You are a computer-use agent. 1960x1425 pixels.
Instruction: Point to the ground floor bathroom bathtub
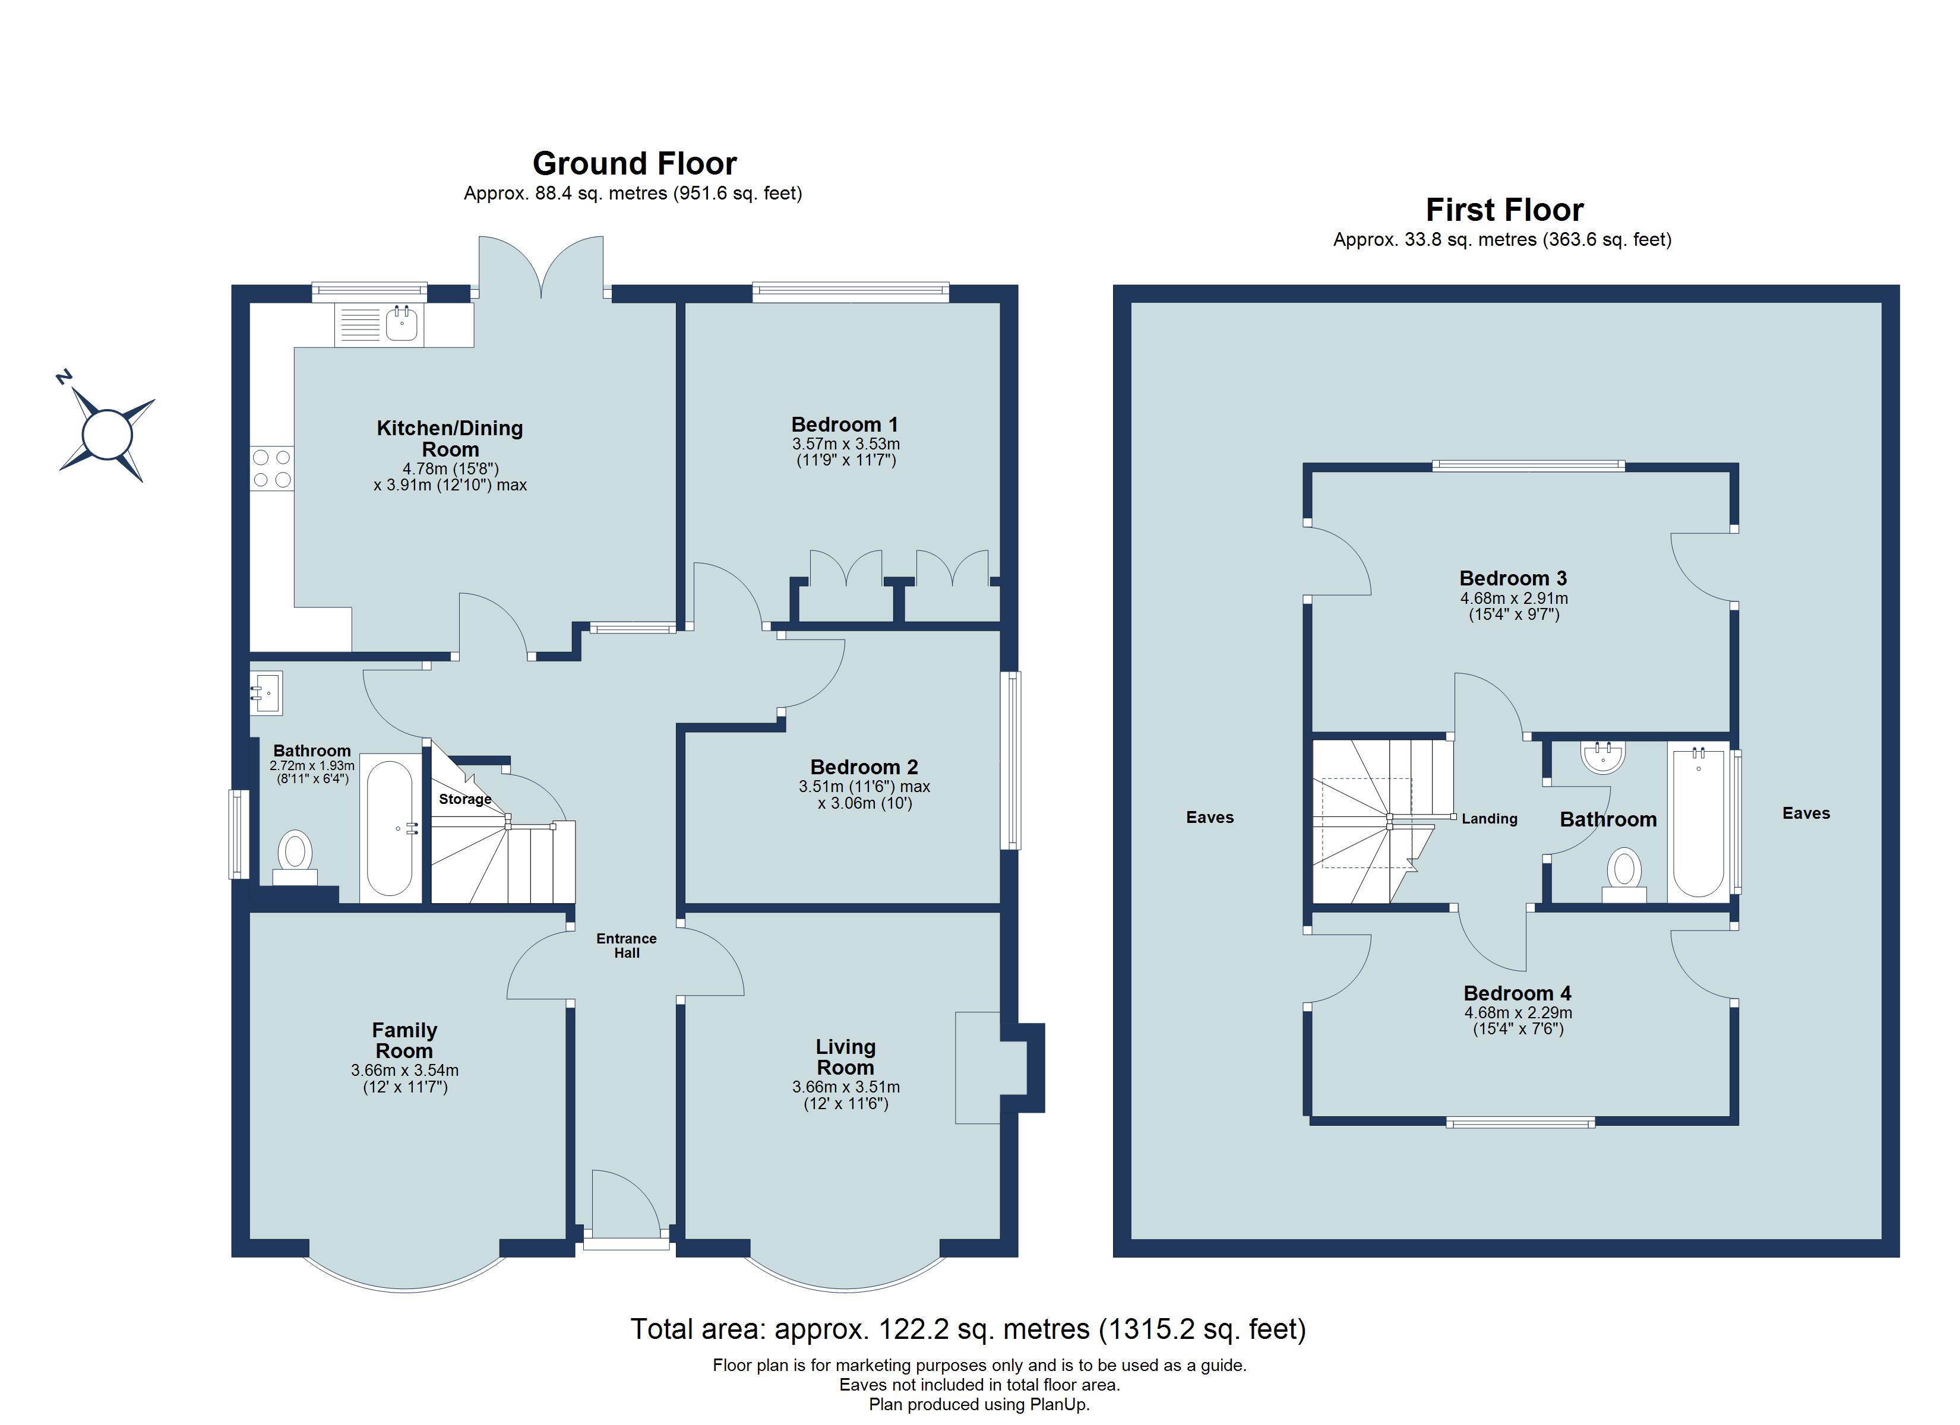click(x=390, y=828)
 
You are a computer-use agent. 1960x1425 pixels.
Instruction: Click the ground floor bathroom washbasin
click(x=266, y=693)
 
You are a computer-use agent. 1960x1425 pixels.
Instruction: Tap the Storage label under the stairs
click(x=465, y=799)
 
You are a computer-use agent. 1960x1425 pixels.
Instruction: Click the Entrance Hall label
click(x=627, y=945)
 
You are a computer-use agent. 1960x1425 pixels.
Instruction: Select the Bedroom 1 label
click(x=845, y=425)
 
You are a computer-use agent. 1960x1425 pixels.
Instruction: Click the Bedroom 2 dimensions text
click(x=864, y=795)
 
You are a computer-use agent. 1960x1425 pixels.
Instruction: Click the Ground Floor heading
click(x=634, y=163)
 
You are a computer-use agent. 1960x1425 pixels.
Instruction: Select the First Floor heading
click(x=1504, y=210)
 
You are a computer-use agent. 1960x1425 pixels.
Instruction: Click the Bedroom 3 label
click(x=1513, y=578)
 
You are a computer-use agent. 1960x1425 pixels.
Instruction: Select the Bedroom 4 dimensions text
click(x=1518, y=1021)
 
